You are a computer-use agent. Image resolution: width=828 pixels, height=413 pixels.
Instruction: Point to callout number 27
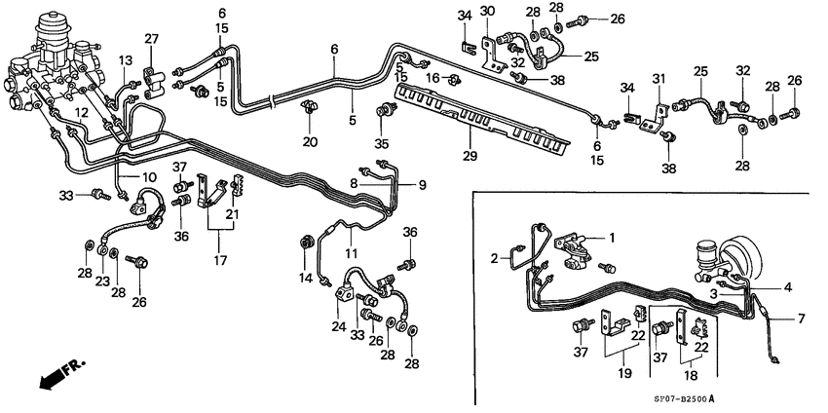(151, 39)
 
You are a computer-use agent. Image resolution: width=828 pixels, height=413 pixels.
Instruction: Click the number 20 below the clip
(311, 142)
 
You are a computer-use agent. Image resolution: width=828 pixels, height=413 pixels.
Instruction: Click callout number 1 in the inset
(612, 237)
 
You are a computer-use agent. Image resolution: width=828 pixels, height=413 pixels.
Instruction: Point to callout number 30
(487, 11)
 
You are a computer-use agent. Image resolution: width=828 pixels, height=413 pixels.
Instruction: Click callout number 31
(659, 79)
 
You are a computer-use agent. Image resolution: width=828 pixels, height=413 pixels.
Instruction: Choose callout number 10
(150, 177)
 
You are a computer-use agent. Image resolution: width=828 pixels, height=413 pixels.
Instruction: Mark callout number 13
(125, 60)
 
